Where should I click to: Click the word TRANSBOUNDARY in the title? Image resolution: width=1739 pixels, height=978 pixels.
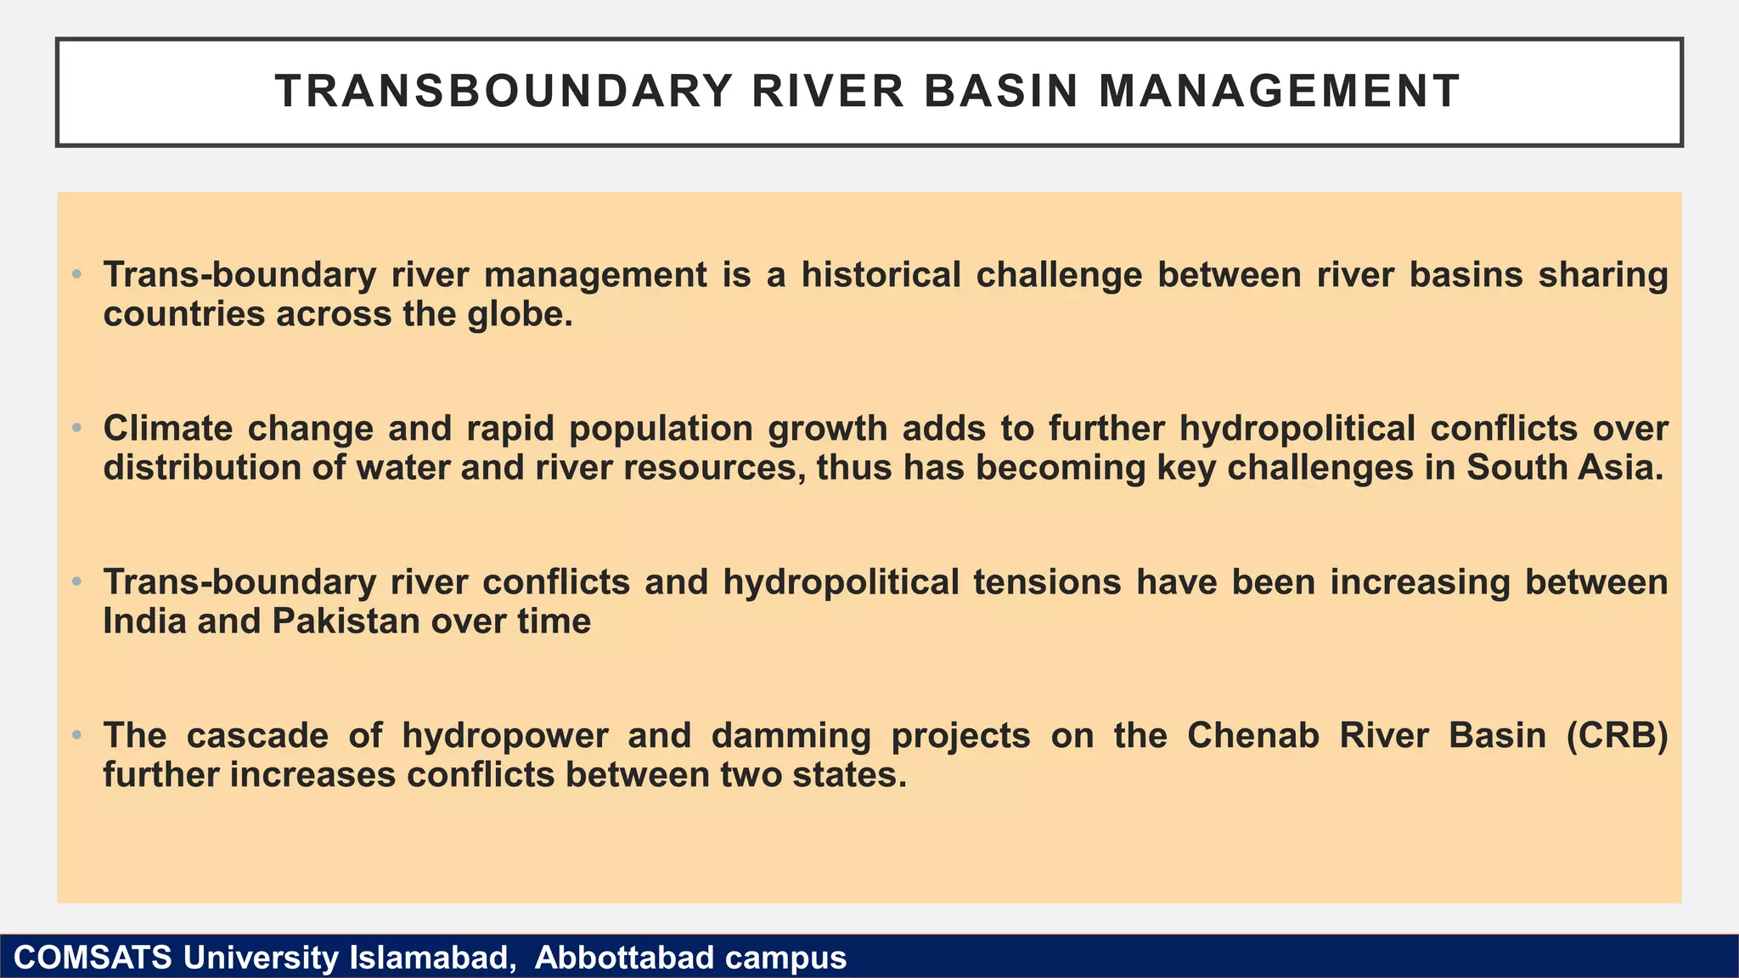504,92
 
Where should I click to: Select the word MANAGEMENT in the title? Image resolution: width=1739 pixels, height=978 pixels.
1280,92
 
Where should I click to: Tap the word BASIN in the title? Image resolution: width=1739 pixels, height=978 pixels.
1001,92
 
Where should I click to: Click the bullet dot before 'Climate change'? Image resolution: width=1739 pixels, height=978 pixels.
76,428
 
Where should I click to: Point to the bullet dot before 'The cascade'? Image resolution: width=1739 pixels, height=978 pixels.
76,735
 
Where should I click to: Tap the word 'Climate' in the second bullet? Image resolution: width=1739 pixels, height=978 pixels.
167,428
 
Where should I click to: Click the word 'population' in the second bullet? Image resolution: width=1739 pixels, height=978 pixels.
661,430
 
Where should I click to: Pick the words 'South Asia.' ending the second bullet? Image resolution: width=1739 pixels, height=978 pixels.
1565,468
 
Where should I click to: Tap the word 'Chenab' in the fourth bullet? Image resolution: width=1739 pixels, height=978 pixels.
1252,736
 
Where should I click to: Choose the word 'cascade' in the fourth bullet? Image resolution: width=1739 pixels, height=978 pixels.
257,736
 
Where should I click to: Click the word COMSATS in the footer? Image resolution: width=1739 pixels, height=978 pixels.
93,958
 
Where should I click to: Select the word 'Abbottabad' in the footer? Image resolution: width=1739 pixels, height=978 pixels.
624,958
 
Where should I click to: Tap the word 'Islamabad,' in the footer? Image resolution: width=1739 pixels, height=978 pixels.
432,958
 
